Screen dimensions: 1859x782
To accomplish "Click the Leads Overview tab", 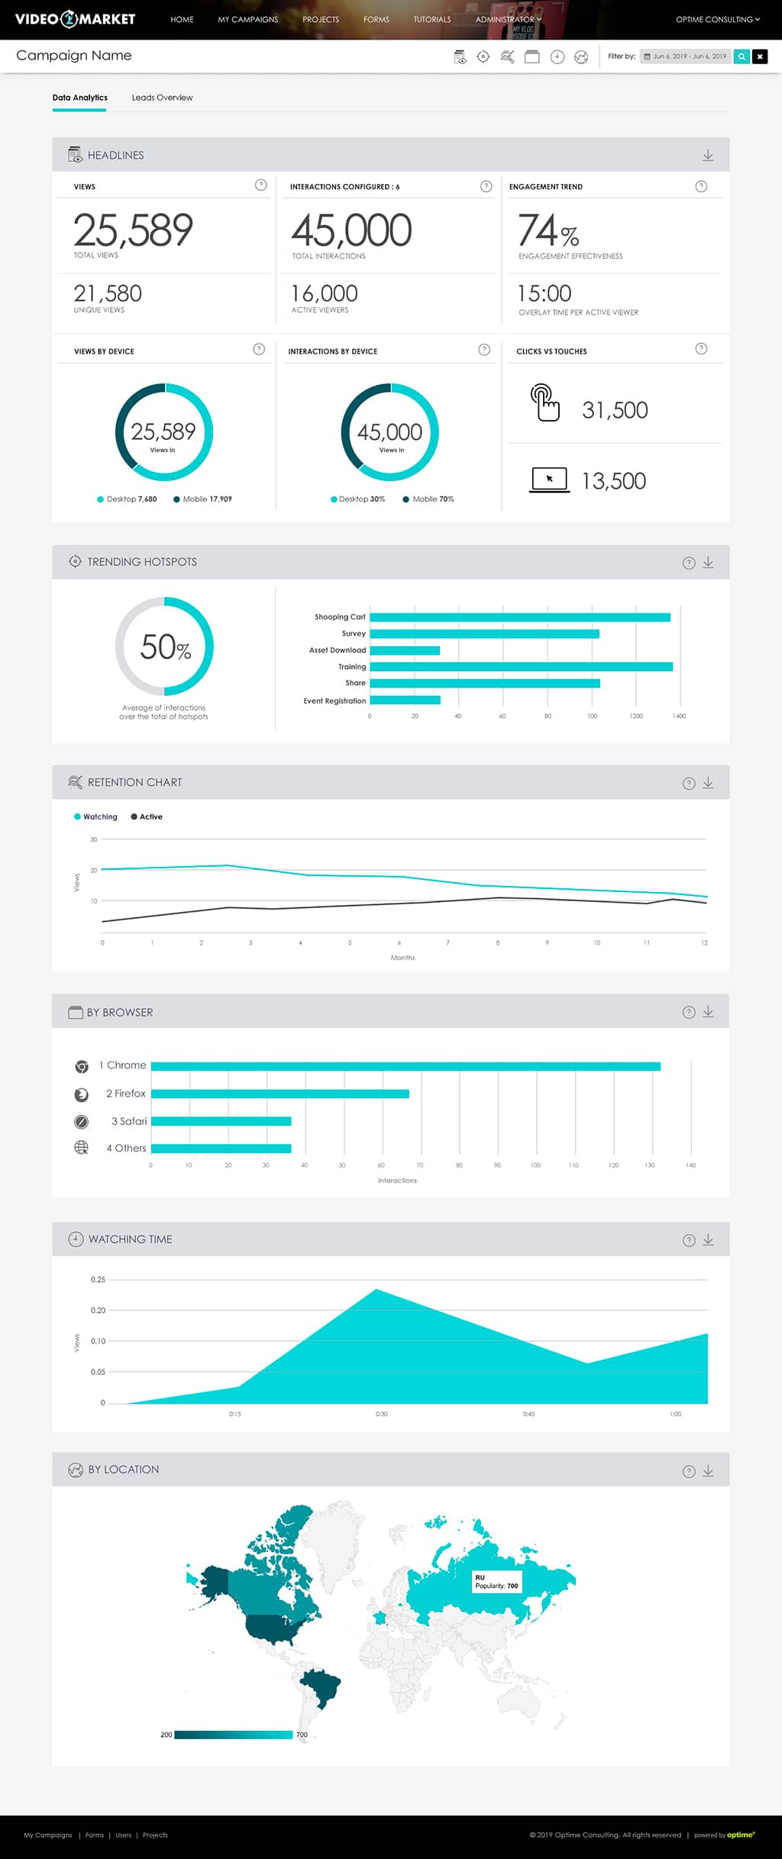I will coord(162,98).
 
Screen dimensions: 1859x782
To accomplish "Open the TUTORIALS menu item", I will coord(432,19).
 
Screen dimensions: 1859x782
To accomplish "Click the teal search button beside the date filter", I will coord(741,57).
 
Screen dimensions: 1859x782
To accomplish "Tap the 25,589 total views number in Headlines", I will coord(134,230).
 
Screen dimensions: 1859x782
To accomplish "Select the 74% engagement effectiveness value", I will coord(548,231).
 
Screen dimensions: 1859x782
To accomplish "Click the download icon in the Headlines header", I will coord(708,155).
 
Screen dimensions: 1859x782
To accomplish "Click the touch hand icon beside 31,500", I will coord(544,403).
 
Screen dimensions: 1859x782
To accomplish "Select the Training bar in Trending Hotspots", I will coord(521,667).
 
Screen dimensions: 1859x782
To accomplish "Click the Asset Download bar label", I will coord(337,651).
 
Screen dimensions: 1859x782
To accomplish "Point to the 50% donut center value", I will coord(165,647).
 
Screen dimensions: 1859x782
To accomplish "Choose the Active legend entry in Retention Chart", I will coord(147,817).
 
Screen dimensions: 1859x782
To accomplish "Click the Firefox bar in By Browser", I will coord(280,1094).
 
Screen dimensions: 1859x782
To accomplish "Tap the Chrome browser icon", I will coord(82,1066).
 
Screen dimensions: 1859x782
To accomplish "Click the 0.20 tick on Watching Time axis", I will coord(98,1311).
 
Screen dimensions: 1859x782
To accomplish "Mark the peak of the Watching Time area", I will coord(376,1291).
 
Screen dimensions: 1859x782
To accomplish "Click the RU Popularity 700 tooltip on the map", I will coord(496,1581).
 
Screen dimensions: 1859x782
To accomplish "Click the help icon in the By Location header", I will coord(688,1471).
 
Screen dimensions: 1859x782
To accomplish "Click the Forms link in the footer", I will coord(95,1835).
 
